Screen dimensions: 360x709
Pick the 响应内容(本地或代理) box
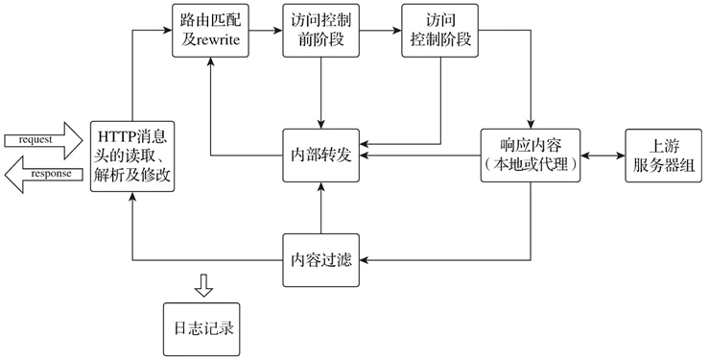tap(530, 155)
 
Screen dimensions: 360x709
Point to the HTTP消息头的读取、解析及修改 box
tap(132, 155)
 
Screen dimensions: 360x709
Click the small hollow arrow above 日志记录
tap(202, 285)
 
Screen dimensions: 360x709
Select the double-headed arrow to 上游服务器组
tap(601, 155)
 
